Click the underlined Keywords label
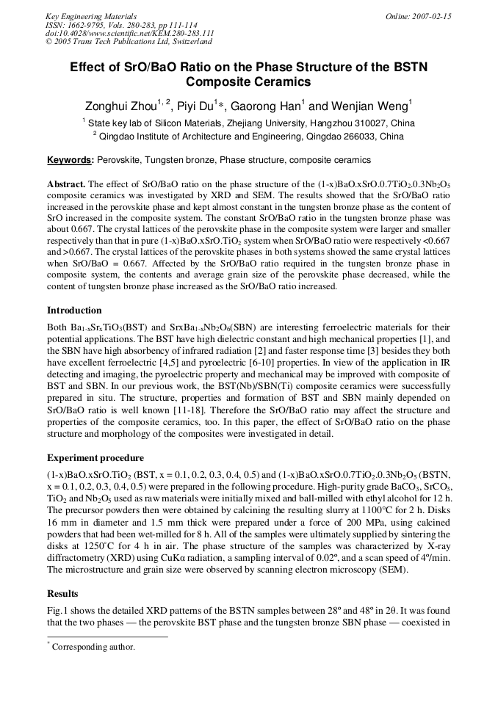pyautogui.click(x=70, y=160)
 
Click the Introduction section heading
pyautogui.click(x=74, y=311)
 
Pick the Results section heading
pyautogui.click(x=62, y=593)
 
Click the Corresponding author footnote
pyautogui.click(x=93, y=647)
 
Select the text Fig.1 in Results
pyautogui.click(x=59, y=611)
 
